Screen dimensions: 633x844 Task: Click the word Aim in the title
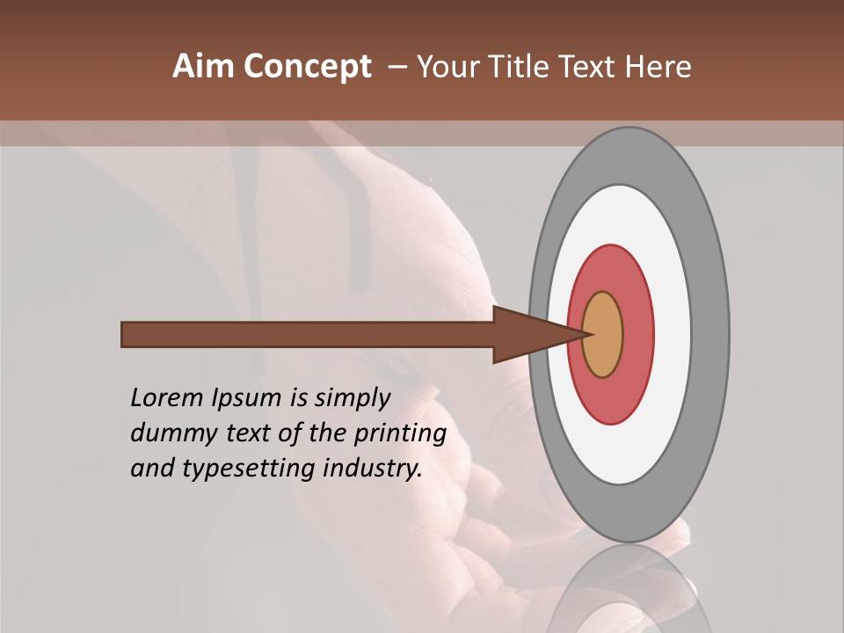point(204,67)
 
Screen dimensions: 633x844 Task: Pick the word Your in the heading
point(448,67)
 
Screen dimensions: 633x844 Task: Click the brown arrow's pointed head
point(527,335)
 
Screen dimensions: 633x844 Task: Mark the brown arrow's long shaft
point(308,335)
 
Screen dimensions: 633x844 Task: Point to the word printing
point(400,434)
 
